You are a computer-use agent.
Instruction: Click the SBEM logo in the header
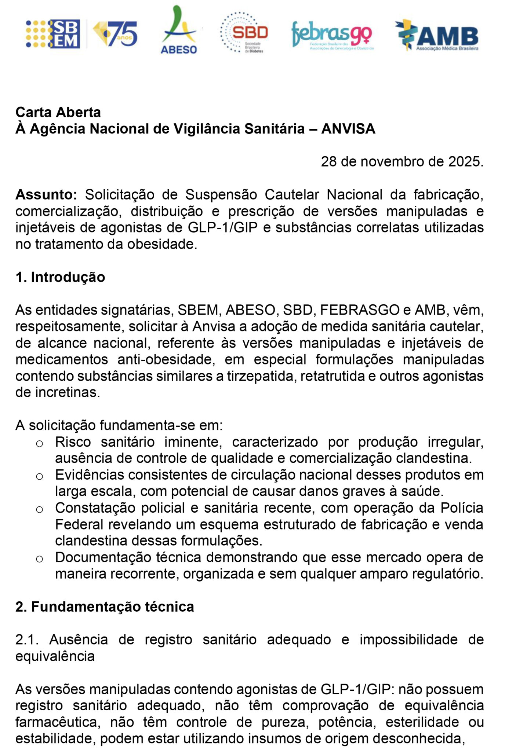(53, 34)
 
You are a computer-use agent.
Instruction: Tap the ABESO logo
(179, 30)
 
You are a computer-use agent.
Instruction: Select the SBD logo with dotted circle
(244, 32)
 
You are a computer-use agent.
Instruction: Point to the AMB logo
(437, 35)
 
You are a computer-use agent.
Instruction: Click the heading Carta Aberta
(58, 112)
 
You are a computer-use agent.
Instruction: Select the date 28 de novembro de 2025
(402, 162)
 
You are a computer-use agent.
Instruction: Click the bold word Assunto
(46, 195)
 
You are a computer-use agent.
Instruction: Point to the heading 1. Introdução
(60, 277)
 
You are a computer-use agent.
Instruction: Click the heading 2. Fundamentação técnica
(105, 607)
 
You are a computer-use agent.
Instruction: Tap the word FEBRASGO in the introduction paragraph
(360, 310)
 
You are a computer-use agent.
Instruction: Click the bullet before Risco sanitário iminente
(40, 444)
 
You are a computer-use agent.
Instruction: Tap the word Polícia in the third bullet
(462, 508)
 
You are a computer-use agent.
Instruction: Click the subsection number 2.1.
(28, 640)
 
